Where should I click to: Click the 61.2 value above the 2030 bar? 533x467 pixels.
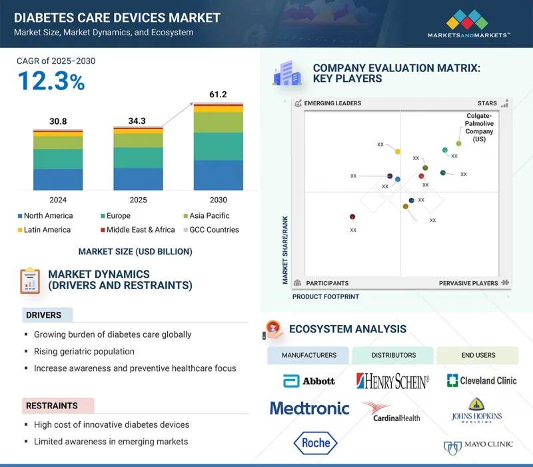pos(218,95)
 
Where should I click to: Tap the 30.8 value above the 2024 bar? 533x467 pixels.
pos(59,121)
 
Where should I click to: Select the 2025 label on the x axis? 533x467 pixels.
pos(138,200)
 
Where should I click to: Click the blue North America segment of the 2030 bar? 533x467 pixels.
pos(218,175)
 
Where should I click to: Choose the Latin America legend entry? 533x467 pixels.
pos(47,230)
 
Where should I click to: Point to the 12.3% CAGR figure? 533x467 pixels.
pos(51,81)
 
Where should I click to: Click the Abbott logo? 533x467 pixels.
pos(308,381)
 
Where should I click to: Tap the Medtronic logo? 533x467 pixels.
pos(309,408)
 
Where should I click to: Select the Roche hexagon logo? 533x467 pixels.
pos(316,443)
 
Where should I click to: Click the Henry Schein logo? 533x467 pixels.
pos(393,381)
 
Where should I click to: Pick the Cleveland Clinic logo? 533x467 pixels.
pos(482,380)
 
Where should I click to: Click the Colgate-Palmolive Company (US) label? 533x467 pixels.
pos(479,127)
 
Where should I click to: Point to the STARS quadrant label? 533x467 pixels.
pos(487,103)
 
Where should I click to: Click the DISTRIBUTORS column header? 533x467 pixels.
pos(392,355)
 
